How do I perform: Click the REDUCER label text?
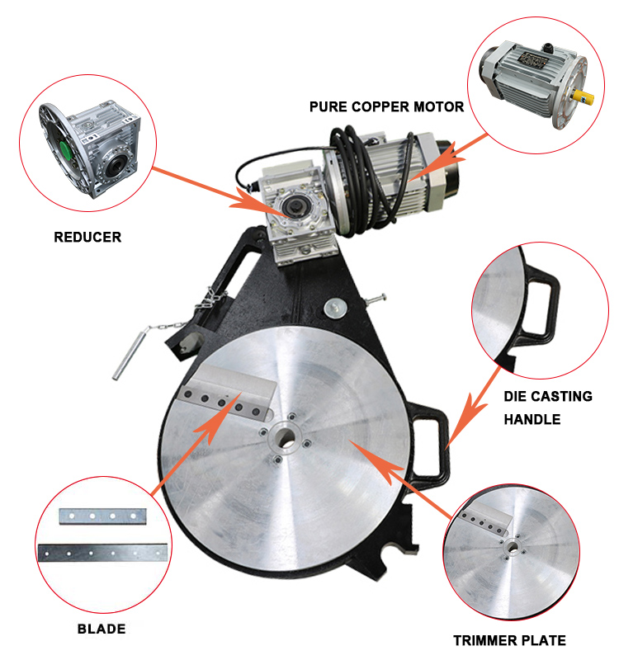click(x=87, y=238)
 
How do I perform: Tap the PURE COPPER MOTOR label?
click(x=386, y=106)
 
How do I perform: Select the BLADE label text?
click(x=102, y=629)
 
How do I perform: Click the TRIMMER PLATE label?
click(x=509, y=640)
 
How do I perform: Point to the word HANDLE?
click(x=532, y=419)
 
